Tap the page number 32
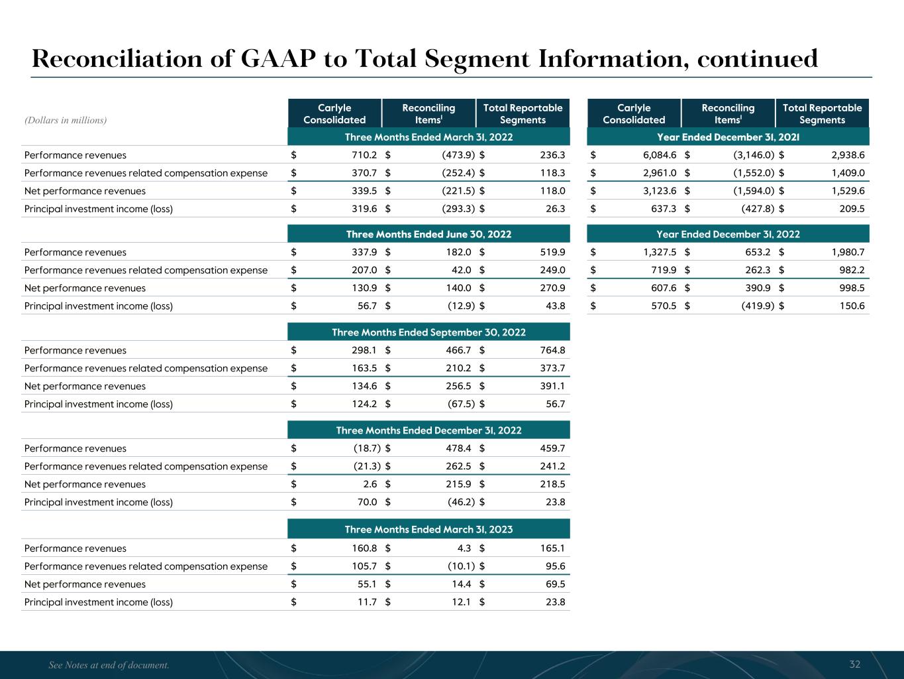coord(855,664)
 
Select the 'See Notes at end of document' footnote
coord(109,665)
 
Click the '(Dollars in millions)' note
coord(66,120)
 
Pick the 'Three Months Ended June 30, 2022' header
coord(428,234)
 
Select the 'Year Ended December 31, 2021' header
coord(728,137)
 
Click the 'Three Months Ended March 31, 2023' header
coord(428,529)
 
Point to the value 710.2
coord(364,155)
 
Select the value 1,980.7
coord(848,252)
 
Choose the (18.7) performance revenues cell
coord(365,448)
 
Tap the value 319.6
coord(364,209)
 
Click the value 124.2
coord(364,404)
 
